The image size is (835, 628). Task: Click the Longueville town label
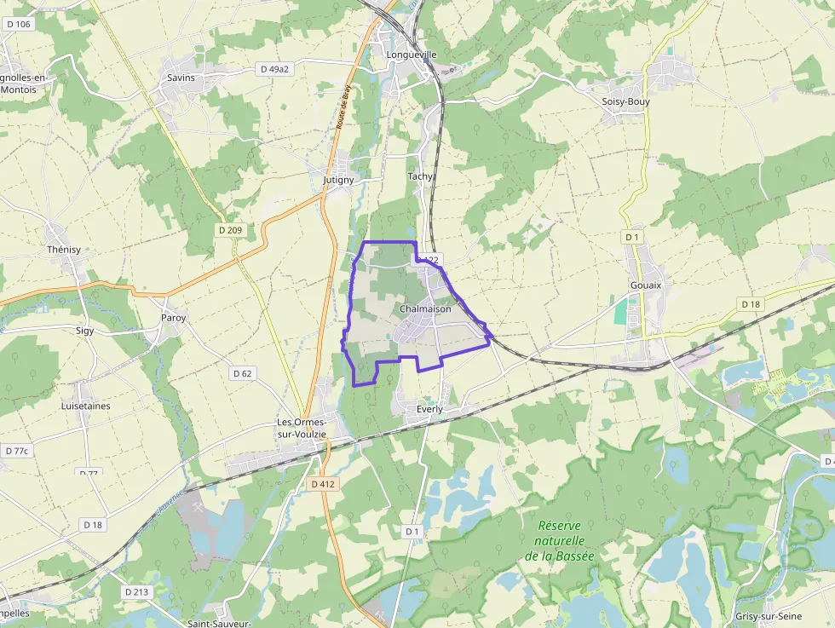(x=412, y=55)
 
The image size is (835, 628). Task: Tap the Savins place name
(x=181, y=78)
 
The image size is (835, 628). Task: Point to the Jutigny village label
(x=338, y=181)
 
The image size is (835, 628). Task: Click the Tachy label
(x=420, y=176)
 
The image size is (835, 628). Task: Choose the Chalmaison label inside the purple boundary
(x=425, y=308)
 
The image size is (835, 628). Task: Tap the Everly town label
(x=430, y=409)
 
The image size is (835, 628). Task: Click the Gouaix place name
(x=645, y=285)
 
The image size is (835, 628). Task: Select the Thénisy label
(x=64, y=250)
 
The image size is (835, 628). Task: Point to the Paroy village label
(x=173, y=318)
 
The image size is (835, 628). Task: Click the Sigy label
(x=84, y=330)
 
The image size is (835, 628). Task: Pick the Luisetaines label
(x=85, y=406)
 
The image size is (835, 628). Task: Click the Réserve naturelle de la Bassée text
(x=560, y=540)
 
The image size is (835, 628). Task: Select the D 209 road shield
(x=230, y=230)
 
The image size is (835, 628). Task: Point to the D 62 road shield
(x=242, y=373)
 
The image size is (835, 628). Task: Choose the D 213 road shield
(x=136, y=591)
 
